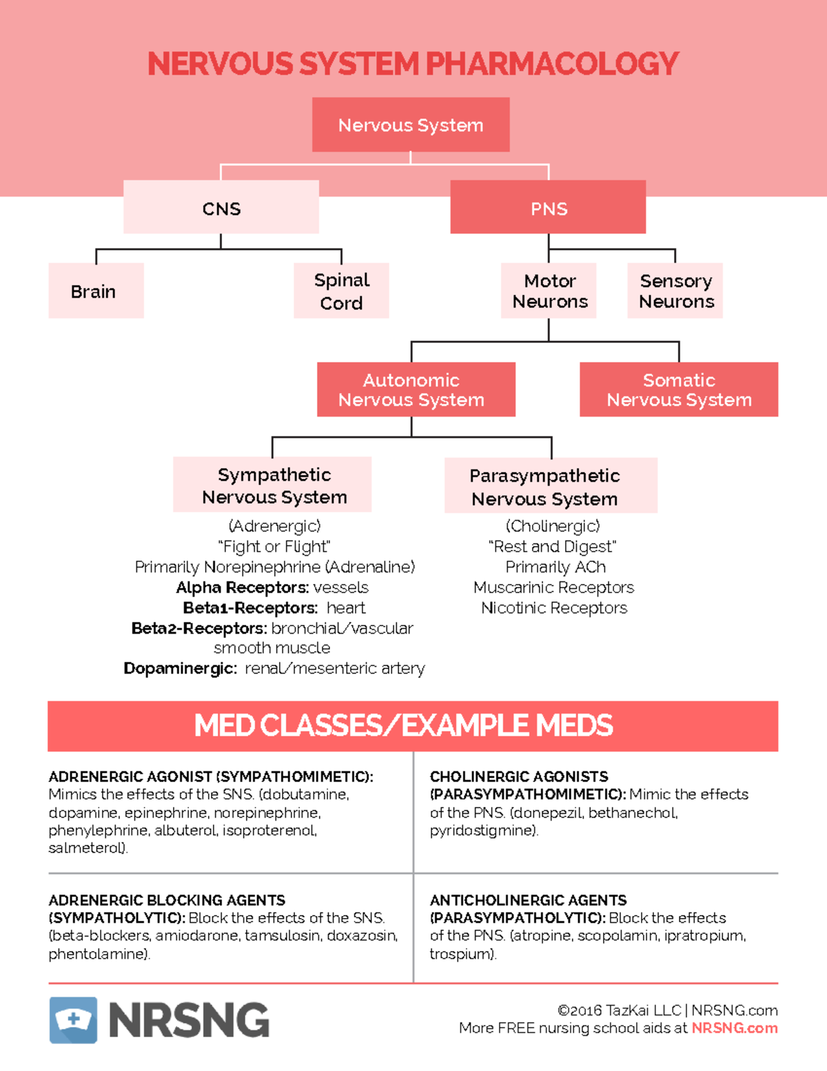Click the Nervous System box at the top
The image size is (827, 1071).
411,125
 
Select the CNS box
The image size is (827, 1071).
221,208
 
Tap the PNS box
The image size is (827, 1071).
548,208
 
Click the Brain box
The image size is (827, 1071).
96,291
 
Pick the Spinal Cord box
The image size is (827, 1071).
341,291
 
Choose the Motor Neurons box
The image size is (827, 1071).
549,291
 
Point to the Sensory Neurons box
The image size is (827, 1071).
675,291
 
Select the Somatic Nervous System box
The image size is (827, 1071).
679,390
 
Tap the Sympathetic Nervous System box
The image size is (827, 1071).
272,485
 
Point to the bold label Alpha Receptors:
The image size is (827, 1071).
242,588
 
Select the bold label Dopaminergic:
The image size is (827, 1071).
180,668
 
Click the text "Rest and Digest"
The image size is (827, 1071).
552,546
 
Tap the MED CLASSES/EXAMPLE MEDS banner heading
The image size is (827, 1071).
403,725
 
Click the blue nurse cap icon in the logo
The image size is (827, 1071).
73,1019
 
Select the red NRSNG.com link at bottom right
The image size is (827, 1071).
734,1028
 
